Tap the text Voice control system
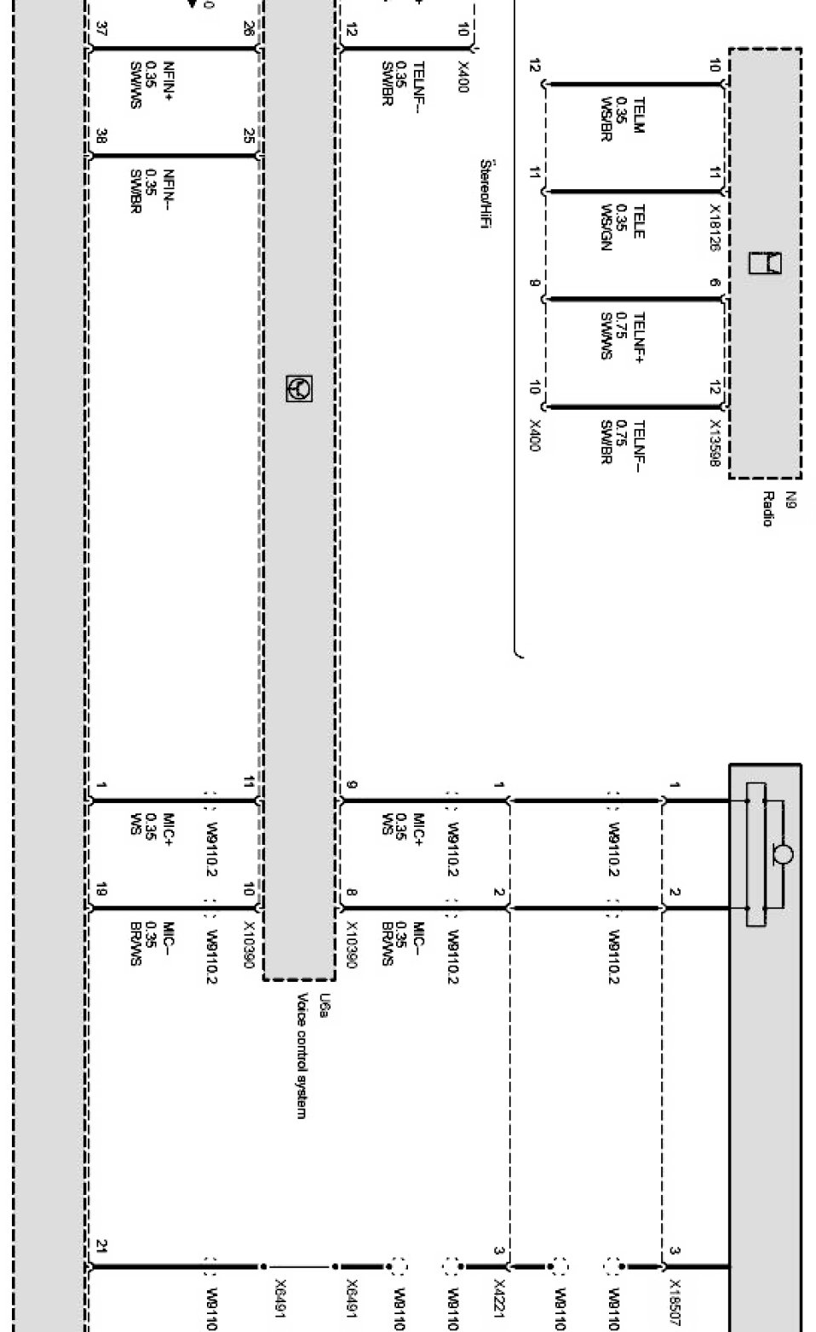(301, 1055)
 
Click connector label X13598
(714, 443)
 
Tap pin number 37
(101, 29)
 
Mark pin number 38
(101, 136)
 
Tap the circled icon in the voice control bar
(299, 388)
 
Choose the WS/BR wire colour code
(606, 120)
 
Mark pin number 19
(101, 891)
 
